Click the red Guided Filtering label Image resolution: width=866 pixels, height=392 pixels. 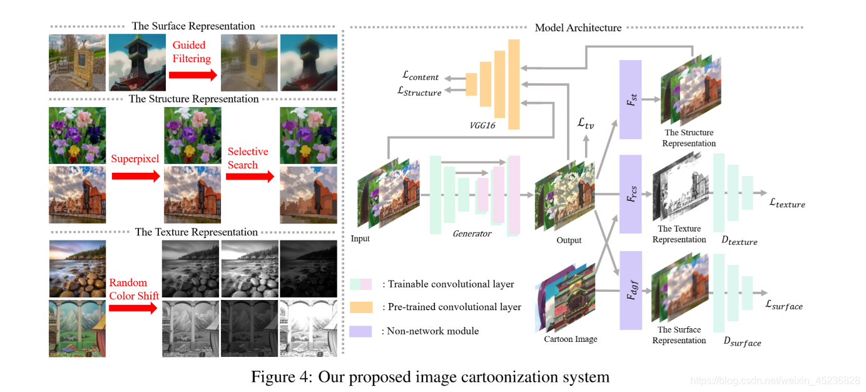[x=192, y=52]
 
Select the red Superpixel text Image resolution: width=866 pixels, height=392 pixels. [x=136, y=158]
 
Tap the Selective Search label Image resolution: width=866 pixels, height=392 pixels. [x=248, y=158]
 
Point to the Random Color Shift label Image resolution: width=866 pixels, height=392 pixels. [x=134, y=289]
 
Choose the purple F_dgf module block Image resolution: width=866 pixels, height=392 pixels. [x=630, y=291]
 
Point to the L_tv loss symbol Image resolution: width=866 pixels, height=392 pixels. [x=586, y=124]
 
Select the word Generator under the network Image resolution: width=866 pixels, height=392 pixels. [x=472, y=234]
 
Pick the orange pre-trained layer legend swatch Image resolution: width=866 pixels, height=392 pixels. [x=361, y=307]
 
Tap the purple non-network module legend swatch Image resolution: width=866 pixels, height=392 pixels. [x=361, y=331]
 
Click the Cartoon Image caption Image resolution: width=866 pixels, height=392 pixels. [x=571, y=339]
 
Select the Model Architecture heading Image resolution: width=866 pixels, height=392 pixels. [x=578, y=28]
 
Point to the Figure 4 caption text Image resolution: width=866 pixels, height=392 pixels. [x=430, y=376]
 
